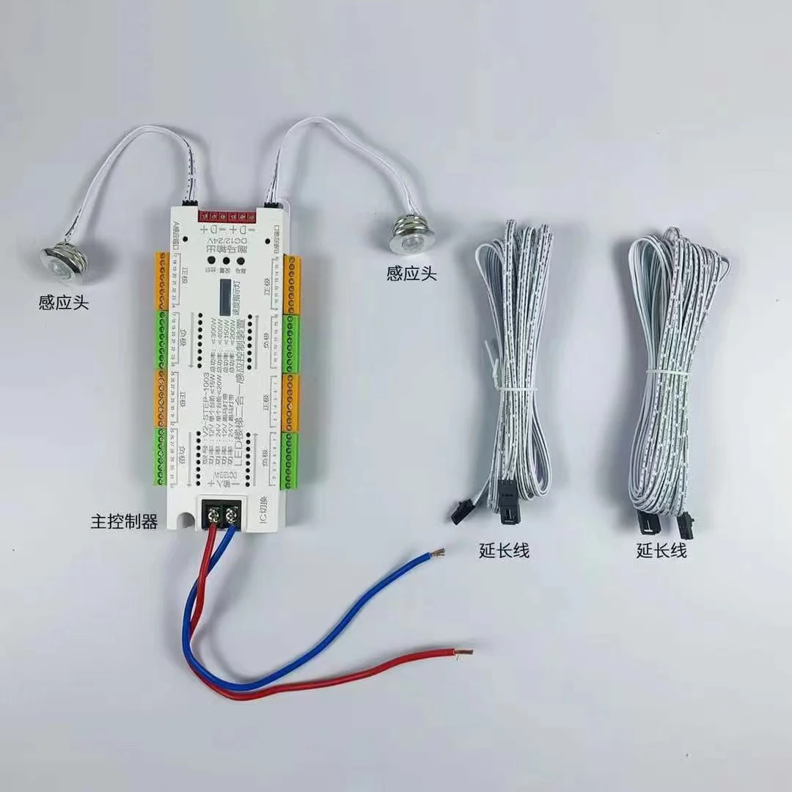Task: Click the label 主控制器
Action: (124, 522)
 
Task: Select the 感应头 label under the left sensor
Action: (64, 301)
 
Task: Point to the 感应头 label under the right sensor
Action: (411, 274)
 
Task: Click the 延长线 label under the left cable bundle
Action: (504, 550)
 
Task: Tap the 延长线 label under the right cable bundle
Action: (661, 550)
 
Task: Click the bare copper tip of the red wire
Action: (463, 651)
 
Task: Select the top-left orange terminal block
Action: (162, 280)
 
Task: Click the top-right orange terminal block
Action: (293, 284)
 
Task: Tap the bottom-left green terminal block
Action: (162, 459)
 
